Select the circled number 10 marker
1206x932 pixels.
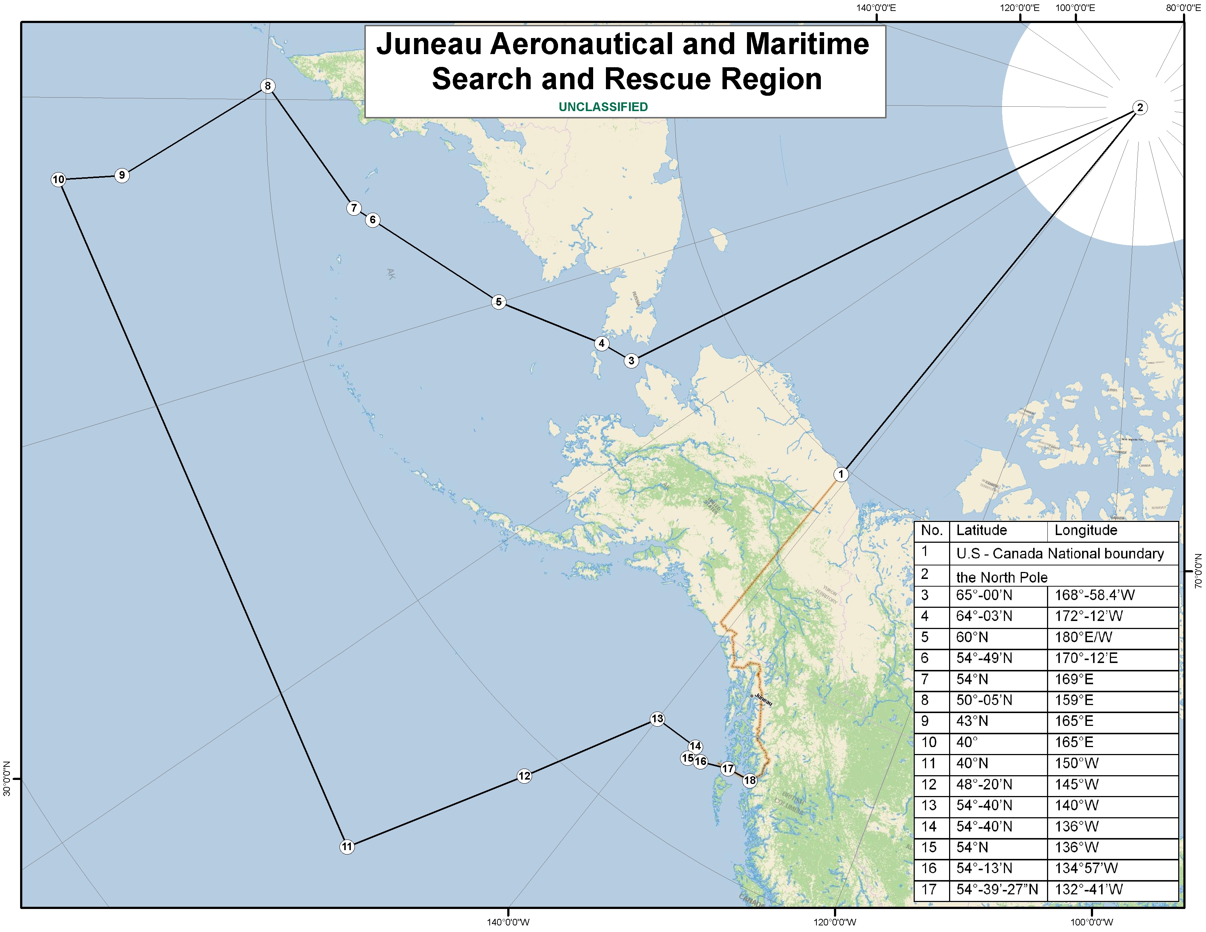58,179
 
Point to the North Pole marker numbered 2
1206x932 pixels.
1140,108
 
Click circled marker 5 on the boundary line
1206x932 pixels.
498,302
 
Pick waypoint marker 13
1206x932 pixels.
657,719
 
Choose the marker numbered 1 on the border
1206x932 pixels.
841,474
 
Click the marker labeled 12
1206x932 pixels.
524,776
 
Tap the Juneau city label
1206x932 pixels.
764,700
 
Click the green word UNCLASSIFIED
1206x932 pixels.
603,107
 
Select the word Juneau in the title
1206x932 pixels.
429,44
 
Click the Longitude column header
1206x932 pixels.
1086,531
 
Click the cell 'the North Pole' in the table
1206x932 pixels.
1002,577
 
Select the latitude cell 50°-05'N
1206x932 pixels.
984,700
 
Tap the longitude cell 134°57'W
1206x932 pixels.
1086,868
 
